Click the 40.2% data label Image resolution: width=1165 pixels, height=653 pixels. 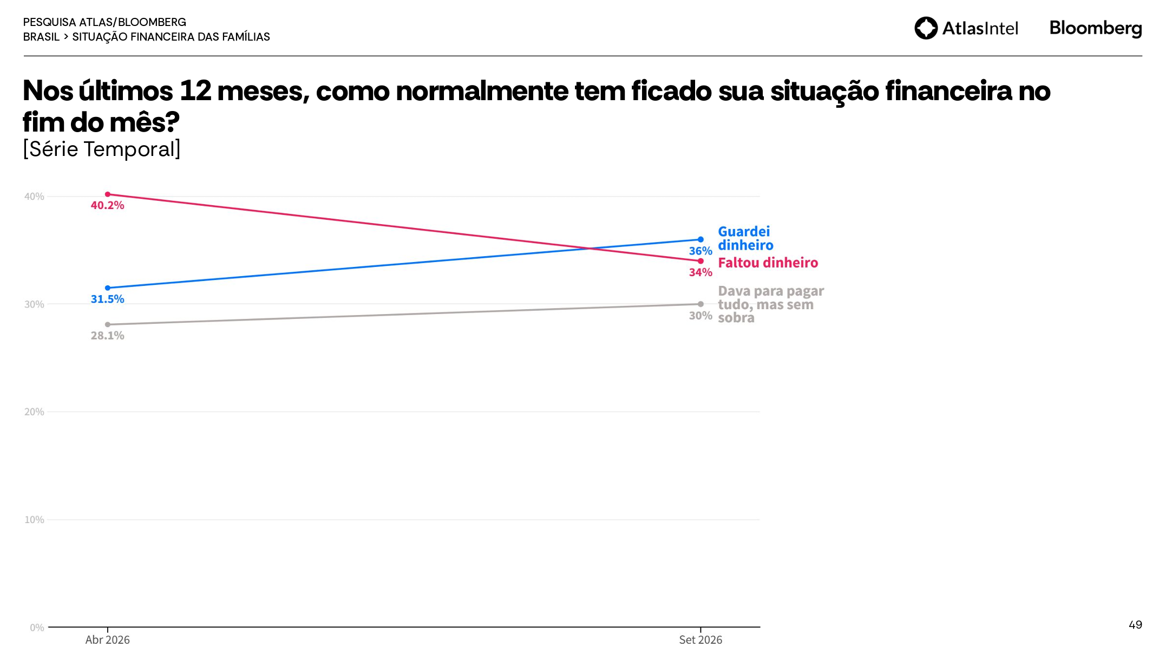(x=107, y=205)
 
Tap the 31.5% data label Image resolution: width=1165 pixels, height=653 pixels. (x=107, y=299)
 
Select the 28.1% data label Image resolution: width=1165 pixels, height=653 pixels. (x=107, y=336)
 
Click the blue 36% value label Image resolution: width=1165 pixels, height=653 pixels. (x=701, y=251)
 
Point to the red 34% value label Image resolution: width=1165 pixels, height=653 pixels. (x=701, y=272)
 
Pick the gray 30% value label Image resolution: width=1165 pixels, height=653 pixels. (x=701, y=316)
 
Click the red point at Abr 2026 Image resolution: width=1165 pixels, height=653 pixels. (x=107, y=194)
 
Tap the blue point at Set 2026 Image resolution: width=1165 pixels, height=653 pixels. (x=701, y=239)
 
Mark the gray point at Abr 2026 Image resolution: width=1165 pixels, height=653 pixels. (x=107, y=325)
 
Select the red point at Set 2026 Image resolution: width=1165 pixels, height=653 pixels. (x=701, y=261)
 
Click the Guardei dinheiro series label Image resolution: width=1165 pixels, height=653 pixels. (x=745, y=238)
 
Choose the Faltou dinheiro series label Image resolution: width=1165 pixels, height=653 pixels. (x=768, y=263)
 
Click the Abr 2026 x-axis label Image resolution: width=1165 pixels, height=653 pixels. (x=107, y=640)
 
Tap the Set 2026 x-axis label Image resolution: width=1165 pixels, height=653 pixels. (x=701, y=640)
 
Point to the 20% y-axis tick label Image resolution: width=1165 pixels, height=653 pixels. (x=34, y=412)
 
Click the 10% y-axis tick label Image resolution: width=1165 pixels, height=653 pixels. (x=34, y=520)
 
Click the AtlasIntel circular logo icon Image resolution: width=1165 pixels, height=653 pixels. (x=926, y=28)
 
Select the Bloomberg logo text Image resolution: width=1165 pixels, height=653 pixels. (x=1096, y=28)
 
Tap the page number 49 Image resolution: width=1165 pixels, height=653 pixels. (x=1135, y=625)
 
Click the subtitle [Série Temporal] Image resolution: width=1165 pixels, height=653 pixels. (x=102, y=149)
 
